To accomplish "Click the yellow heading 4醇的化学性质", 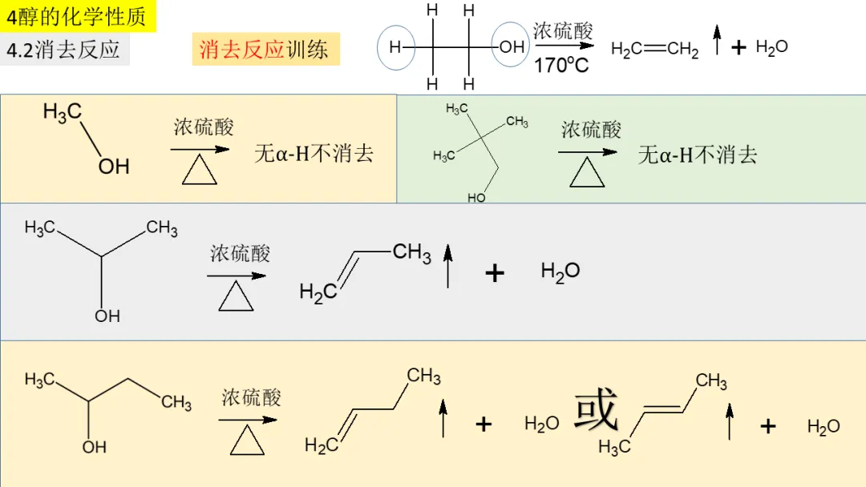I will [x=77, y=16].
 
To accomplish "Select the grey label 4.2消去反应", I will [x=63, y=50].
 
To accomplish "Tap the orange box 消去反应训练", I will [x=264, y=50].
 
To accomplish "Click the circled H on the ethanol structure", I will [x=395, y=47].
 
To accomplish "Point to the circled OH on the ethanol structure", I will [x=512, y=47].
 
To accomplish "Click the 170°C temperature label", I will [x=561, y=66].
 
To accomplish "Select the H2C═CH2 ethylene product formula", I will [x=654, y=50].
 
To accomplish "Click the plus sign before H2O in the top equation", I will [x=739, y=48].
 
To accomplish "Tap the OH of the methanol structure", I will [x=114, y=166].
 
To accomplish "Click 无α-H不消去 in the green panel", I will [x=697, y=155].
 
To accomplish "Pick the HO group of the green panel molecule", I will [x=476, y=197].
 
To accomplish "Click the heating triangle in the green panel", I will [x=587, y=172].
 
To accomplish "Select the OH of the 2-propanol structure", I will [x=107, y=316].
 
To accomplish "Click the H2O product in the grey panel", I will [x=560, y=272].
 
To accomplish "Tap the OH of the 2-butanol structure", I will [x=95, y=447].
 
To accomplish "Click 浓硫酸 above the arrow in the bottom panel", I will [x=252, y=397].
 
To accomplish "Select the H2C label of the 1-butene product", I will [x=321, y=445].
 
